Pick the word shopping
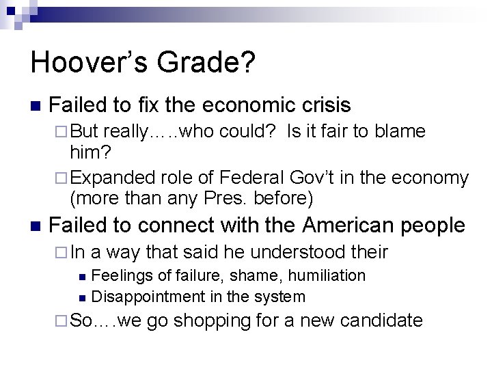[x=214, y=320]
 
